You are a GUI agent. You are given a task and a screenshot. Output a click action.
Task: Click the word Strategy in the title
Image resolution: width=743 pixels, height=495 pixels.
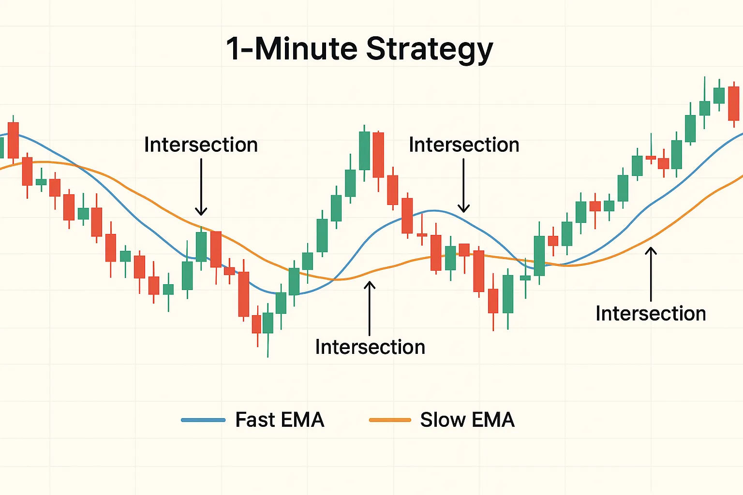[x=430, y=49]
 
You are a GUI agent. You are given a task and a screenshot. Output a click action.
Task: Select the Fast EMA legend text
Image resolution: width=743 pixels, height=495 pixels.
[x=280, y=420]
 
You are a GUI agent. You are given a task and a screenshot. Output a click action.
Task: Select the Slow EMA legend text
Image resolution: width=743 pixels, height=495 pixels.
[x=467, y=420]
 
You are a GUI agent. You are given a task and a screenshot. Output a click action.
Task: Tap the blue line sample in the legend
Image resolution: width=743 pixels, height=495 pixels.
[x=203, y=420]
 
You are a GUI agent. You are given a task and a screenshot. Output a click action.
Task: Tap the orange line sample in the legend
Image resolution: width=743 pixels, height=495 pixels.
[x=390, y=420]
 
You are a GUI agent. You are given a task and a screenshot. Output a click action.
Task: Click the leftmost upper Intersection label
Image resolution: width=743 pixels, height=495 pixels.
[x=201, y=145]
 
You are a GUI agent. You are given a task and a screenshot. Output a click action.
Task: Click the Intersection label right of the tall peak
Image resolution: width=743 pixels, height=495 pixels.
[x=464, y=145]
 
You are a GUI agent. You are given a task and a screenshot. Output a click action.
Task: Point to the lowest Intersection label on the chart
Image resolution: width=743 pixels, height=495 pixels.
[x=370, y=347]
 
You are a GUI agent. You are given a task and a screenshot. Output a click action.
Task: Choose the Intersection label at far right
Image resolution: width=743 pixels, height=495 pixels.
[x=651, y=314]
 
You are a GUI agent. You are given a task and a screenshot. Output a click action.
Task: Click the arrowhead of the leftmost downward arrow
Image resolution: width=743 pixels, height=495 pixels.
[x=201, y=212]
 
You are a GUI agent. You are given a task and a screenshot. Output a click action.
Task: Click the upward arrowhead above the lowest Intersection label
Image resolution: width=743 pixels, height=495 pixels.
[x=370, y=285]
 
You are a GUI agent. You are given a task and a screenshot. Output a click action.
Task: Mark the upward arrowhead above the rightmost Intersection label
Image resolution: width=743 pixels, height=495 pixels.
[x=651, y=251]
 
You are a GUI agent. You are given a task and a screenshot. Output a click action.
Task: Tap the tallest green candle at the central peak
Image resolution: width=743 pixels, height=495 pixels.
[x=364, y=150]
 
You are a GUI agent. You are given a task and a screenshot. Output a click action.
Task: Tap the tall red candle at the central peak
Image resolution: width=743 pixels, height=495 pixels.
[x=378, y=155]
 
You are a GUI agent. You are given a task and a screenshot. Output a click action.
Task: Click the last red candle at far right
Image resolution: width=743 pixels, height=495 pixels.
[x=733, y=103]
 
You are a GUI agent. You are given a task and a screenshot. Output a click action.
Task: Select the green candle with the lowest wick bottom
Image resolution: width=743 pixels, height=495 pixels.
[x=267, y=322]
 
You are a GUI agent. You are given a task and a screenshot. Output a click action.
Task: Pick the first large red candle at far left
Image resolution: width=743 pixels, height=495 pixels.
[x=13, y=140]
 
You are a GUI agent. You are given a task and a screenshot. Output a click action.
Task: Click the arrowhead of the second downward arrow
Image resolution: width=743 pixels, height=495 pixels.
[x=463, y=209]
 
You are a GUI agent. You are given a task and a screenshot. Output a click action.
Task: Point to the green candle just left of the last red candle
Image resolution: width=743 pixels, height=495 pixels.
[x=719, y=95]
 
